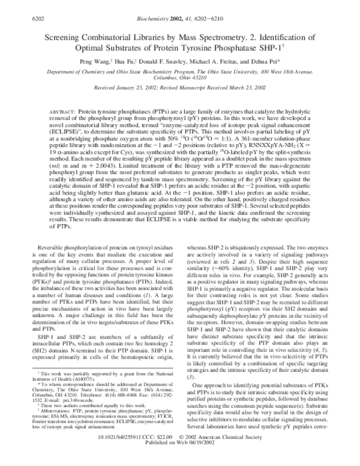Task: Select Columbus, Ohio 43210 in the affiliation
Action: click(181, 77)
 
